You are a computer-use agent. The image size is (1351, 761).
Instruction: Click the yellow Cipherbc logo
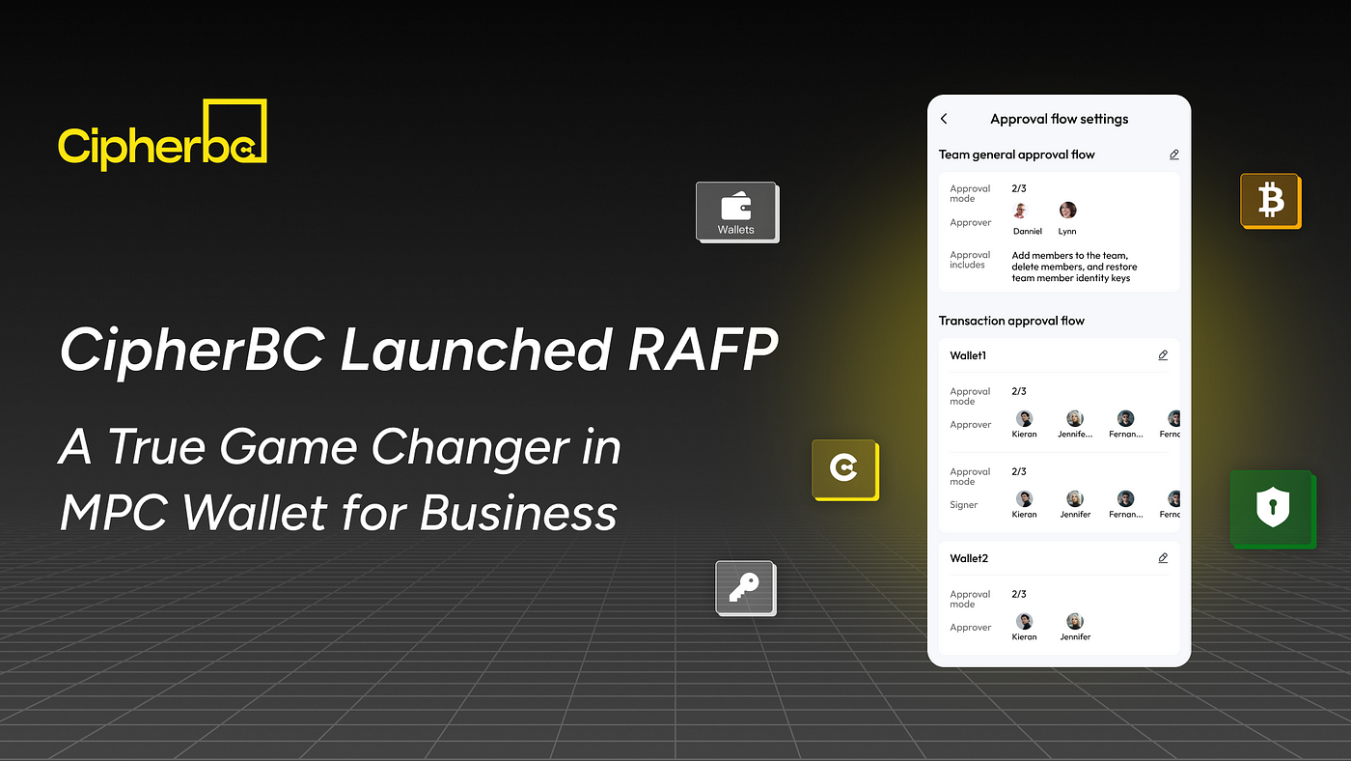[161, 136]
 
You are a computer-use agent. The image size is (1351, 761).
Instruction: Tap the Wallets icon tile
[736, 211]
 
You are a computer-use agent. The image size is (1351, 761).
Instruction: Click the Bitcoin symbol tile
[1270, 201]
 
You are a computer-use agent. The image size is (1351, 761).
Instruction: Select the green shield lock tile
[1271, 509]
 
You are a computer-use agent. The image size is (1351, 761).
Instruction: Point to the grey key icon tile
[744, 587]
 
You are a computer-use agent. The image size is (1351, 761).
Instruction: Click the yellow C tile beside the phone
[844, 469]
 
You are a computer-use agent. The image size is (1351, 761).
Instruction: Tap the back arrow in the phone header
[944, 119]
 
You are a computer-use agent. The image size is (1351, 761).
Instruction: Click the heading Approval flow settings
[1059, 119]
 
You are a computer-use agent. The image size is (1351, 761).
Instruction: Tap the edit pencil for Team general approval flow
[1173, 155]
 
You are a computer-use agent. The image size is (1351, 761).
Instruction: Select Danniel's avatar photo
[1021, 211]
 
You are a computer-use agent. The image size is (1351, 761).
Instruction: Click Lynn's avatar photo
[1067, 211]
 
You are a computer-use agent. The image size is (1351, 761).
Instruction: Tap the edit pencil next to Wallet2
[1163, 558]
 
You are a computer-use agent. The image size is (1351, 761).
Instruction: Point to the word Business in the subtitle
[519, 512]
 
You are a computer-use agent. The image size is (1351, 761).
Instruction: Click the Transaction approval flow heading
[1011, 321]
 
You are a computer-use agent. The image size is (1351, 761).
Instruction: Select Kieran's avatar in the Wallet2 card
[1025, 621]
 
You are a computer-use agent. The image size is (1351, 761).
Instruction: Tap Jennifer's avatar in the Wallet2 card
[1075, 621]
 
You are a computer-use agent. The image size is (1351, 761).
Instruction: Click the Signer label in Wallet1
[963, 505]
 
